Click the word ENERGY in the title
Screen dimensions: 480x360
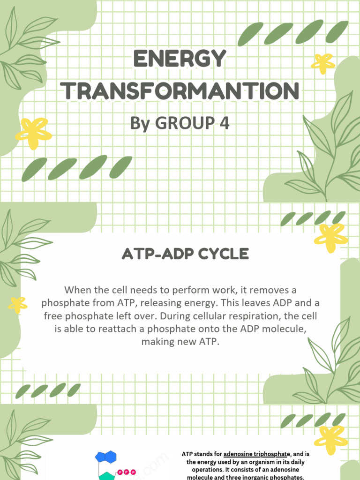(180, 60)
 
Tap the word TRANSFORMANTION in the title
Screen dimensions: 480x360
(180, 91)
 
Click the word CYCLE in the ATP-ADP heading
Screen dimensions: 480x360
(224, 254)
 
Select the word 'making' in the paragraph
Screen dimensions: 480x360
(157, 342)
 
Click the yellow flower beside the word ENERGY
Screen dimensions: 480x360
(323, 63)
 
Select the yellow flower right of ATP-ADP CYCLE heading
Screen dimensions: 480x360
(330, 238)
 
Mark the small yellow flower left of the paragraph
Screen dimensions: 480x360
(18, 305)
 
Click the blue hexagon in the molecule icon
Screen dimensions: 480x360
(106, 457)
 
